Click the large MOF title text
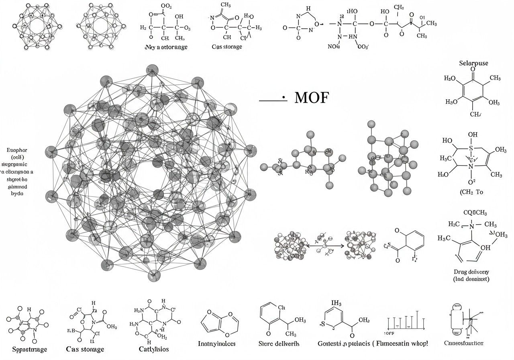(x=311, y=98)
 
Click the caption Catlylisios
(x=153, y=349)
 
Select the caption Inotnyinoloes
(x=217, y=344)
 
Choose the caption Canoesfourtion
(x=464, y=343)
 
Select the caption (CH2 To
(x=471, y=192)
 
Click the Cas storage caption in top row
(x=227, y=47)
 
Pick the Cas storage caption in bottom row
(x=85, y=349)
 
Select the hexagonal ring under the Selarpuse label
(x=473, y=92)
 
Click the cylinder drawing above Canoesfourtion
(x=457, y=319)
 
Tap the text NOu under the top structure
(x=334, y=47)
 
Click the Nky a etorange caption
(x=166, y=47)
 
